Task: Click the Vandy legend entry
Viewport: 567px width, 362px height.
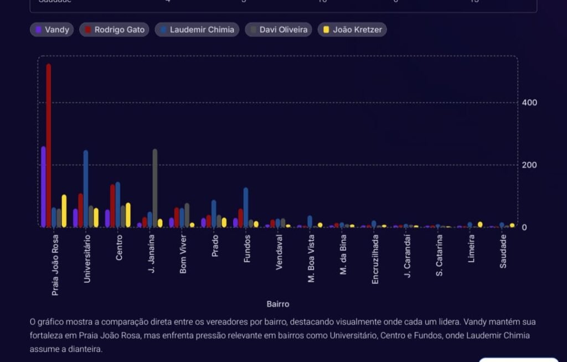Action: point(52,30)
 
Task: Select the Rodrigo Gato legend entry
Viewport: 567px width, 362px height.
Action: point(114,30)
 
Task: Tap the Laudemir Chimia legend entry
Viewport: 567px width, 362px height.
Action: point(197,30)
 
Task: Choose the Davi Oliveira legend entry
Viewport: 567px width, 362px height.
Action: point(279,30)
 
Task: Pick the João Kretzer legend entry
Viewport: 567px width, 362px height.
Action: point(352,30)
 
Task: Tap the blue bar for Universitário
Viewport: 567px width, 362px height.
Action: point(86,188)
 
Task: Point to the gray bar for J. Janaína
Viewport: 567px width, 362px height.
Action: point(155,188)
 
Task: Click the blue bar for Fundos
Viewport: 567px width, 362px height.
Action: point(246,208)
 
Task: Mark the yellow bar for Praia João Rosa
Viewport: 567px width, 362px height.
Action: point(64,211)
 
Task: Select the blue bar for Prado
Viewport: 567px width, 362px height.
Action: point(214,214)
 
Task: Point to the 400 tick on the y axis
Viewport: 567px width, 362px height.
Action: point(529,103)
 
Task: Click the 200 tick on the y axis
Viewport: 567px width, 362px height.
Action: point(529,165)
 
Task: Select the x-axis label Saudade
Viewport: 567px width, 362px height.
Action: point(503,251)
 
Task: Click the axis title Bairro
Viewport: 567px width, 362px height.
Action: point(278,304)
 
